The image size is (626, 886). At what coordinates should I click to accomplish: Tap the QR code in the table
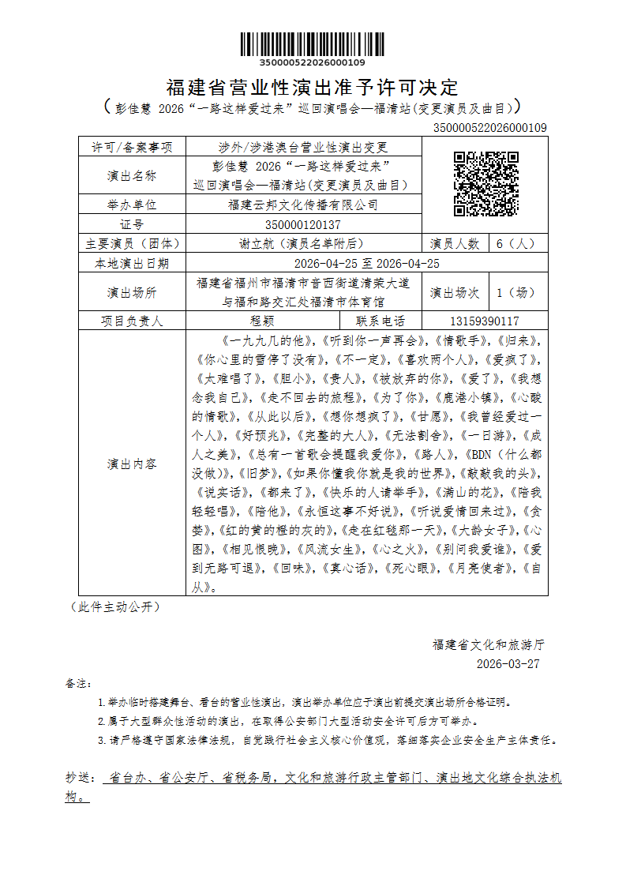(485, 184)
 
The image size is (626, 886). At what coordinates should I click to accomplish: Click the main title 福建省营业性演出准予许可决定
(313, 87)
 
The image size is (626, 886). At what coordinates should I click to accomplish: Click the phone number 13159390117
(485, 321)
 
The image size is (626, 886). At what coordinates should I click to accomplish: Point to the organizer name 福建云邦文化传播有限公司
(302, 205)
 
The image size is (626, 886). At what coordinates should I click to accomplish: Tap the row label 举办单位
(132, 205)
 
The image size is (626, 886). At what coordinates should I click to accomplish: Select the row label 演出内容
(132, 464)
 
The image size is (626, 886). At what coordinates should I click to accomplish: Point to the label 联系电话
(380, 321)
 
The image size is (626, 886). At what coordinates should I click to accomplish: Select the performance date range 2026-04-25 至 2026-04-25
(366, 263)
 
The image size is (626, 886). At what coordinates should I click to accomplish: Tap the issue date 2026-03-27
(508, 663)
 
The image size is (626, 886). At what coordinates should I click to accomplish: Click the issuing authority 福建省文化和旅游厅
(488, 644)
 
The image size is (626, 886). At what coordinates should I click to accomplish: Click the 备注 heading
(79, 682)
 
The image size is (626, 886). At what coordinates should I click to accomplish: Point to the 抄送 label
(80, 778)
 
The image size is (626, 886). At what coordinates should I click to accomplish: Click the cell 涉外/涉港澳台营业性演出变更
(302, 147)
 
